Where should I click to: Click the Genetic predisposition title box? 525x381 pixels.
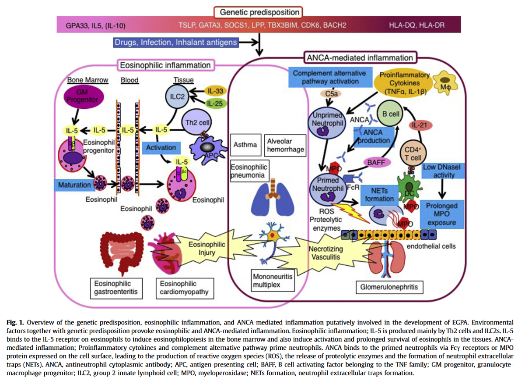pos(259,12)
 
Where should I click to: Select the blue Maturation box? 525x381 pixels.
pos(73,185)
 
